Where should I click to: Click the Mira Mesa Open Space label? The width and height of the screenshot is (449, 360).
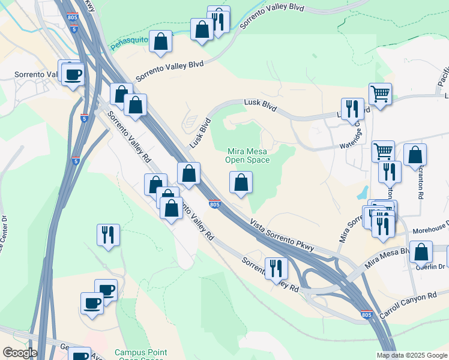pos(247,156)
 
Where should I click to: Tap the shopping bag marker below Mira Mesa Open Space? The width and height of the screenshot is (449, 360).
pos(241,182)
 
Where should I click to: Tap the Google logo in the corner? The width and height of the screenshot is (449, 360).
pos(20,353)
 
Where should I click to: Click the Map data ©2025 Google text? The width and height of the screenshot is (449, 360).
pos(411,355)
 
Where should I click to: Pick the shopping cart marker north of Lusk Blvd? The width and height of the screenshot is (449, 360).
pos(380,94)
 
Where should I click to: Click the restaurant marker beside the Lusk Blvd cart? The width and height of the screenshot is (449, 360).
pos(352,109)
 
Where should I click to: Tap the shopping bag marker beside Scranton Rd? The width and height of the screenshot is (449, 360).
pos(415,155)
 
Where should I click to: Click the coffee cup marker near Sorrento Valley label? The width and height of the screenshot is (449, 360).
pos(73,75)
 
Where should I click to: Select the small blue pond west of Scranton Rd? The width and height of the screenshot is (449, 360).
pos(362,192)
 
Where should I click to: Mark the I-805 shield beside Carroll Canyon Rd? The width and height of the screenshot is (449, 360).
pos(367,314)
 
